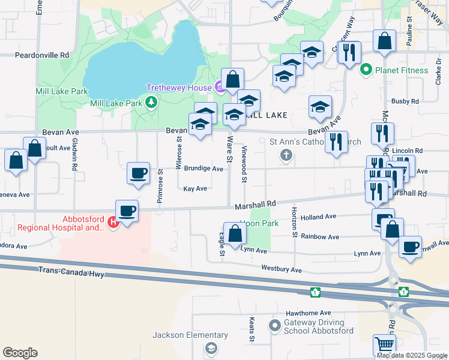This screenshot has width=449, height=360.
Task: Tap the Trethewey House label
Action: tap(179, 88)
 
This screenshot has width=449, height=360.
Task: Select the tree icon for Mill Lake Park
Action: tap(151, 103)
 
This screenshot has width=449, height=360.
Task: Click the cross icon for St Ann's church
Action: tap(286, 156)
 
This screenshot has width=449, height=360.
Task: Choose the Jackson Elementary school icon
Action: tap(211, 348)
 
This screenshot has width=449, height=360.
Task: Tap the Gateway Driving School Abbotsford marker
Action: tap(275, 326)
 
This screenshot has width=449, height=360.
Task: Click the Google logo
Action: tap(20, 353)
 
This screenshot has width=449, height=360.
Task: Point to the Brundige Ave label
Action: tap(203, 169)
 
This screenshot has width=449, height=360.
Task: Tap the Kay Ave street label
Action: tap(195, 188)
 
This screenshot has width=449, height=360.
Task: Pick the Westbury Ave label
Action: tap(282, 270)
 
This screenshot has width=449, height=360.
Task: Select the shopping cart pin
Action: tap(384, 344)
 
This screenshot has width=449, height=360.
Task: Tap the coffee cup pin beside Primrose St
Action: tap(138, 173)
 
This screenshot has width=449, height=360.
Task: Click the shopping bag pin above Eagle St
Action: tap(234, 233)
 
